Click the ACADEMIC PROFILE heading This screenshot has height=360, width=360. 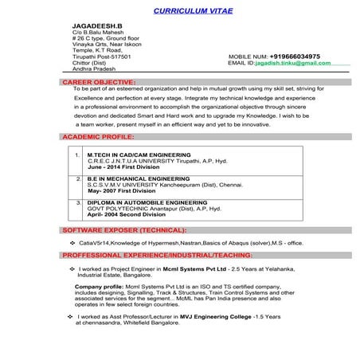click(99, 137)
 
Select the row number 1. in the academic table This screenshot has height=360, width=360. click(76, 154)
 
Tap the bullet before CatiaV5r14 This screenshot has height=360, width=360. click(72, 241)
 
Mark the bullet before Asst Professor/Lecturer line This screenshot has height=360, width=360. click(72, 316)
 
